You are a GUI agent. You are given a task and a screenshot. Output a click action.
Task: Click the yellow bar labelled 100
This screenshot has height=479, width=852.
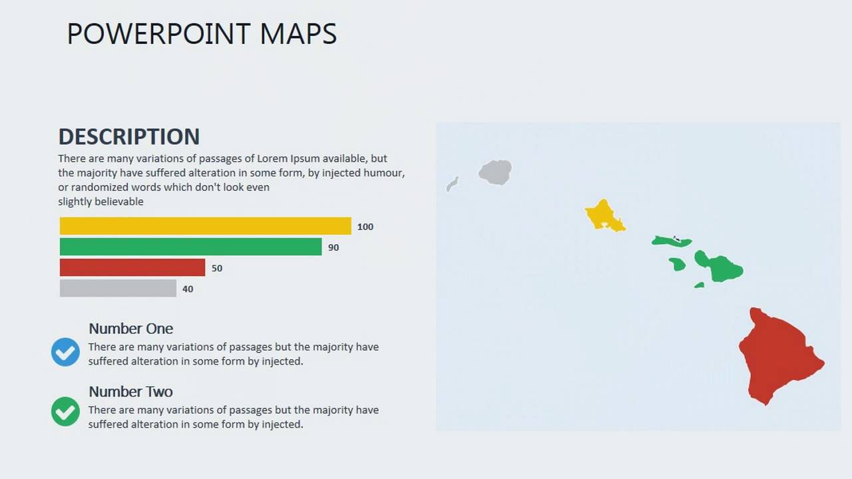(x=205, y=226)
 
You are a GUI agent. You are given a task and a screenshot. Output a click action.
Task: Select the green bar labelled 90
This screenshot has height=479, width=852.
(x=190, y=247)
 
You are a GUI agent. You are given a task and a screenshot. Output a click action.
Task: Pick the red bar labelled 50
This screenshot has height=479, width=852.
(x=132, y=267)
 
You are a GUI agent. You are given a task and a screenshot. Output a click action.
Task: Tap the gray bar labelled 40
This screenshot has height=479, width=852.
(x=118, y=288)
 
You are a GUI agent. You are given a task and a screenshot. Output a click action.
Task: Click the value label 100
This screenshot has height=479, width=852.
(x=365, y=227)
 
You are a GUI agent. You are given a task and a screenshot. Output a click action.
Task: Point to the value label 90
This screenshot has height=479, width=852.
(x=333, y=247)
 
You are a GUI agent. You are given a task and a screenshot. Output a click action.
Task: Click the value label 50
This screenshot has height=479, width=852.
(x=217, y=268)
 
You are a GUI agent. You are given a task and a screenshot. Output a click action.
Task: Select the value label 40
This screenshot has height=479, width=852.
(x=188, y=289)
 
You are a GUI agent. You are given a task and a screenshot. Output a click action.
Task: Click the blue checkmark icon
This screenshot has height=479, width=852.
(x=65, y=352)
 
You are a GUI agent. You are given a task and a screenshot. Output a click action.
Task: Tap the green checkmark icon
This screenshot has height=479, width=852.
(x=65, y=411)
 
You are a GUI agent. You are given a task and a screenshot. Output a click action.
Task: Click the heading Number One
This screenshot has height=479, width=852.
(x=130, y=329)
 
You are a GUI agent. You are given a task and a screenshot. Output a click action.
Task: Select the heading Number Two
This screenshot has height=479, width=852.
(x=130, y=392)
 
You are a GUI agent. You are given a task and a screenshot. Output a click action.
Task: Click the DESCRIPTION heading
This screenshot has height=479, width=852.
(x=129, y=136)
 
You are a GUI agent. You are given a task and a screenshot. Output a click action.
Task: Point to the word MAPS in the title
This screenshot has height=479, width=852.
(x=298, y=34)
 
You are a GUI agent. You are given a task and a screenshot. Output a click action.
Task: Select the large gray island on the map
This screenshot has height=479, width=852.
(x=495, y=172)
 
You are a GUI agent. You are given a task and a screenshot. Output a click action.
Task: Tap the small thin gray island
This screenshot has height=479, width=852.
(x=452, y=184)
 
